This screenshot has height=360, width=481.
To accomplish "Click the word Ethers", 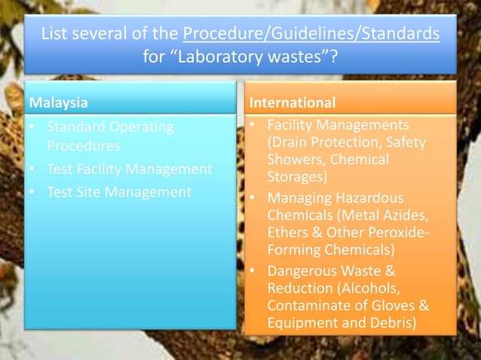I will [x=287, y=232].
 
